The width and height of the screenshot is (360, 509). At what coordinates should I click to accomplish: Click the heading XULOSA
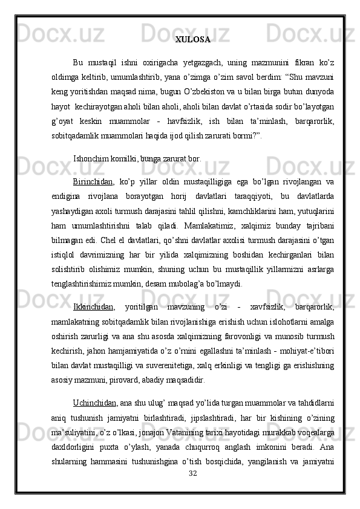193,40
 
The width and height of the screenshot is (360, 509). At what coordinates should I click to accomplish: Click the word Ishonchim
91,143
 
